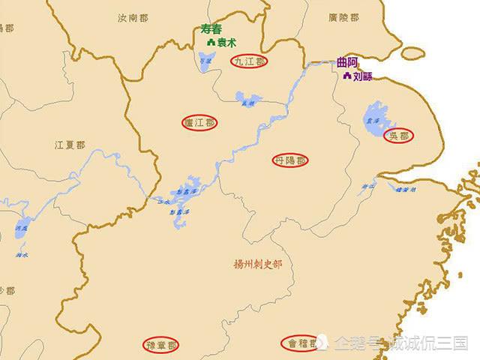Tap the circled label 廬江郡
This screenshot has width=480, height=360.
pos(199,121)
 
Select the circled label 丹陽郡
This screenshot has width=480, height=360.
pos(290,160)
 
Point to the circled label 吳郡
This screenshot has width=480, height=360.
pos(398,136)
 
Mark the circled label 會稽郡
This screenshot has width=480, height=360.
pos(298,343)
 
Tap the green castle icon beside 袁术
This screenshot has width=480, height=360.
pos(211,43)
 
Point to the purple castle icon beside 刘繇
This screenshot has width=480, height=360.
pos(346,76)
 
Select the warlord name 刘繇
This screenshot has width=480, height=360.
pos(362,76)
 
